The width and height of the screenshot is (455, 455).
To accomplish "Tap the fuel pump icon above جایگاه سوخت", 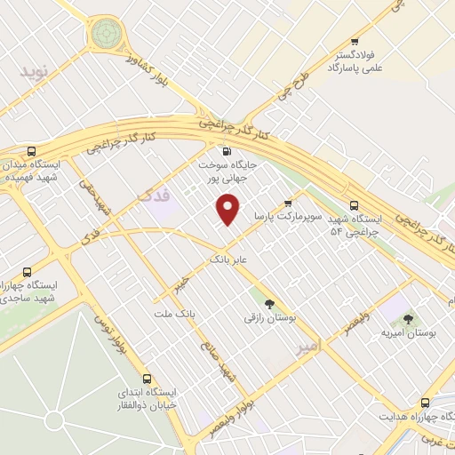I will (x=226, y=151).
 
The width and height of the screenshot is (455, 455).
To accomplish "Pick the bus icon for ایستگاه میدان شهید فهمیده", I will (x=33, y=151).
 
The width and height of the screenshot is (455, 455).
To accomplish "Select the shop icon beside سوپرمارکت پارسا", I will (x=286, y=203).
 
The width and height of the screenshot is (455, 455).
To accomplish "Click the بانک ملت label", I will (x=173, y=315).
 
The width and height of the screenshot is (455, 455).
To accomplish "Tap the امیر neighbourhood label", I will (x=304, y=349).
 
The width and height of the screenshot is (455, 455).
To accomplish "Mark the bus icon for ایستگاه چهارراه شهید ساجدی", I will (x=26, y=272).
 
